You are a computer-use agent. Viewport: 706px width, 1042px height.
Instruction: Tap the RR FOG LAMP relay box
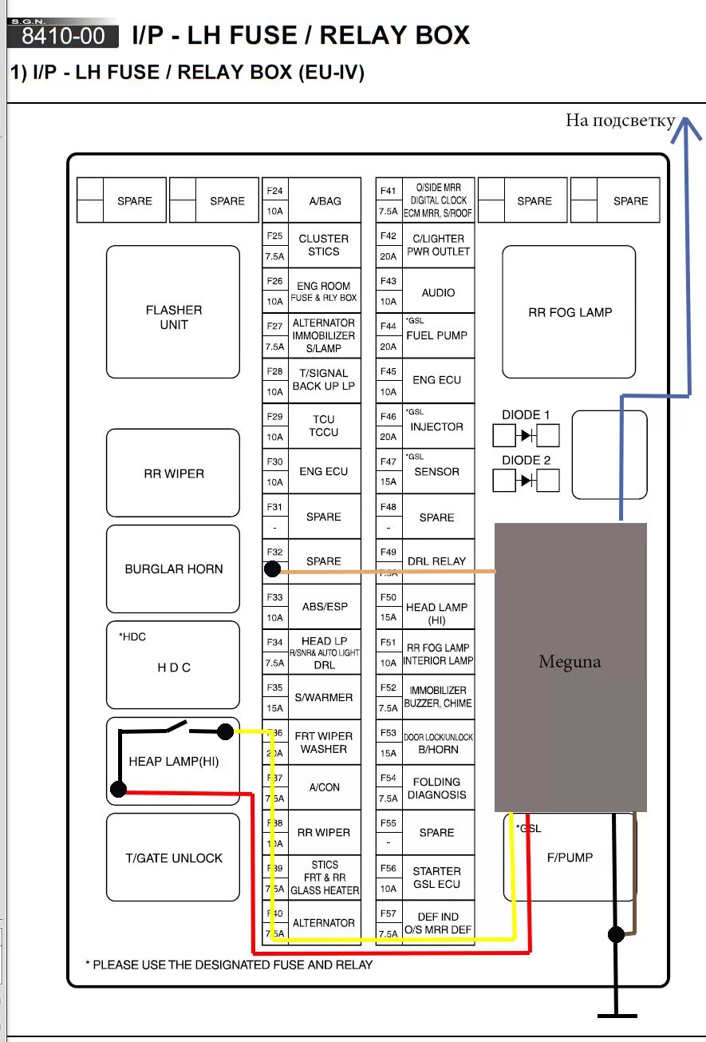569,312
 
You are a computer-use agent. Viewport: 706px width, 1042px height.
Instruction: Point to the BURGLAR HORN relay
173,569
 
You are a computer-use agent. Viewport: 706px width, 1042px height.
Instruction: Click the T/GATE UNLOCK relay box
173,858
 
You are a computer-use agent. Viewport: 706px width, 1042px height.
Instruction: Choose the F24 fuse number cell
274,191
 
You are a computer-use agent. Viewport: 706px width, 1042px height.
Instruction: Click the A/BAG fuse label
325,201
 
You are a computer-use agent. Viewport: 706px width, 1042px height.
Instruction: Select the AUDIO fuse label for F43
438,293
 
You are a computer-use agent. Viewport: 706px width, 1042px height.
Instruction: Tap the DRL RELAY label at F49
436,561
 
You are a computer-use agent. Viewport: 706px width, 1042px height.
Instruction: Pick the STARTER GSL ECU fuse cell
437,878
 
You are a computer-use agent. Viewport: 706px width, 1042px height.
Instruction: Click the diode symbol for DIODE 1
527,436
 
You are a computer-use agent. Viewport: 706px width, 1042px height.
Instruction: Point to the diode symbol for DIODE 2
527,481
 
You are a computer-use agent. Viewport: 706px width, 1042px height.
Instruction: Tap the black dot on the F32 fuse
272,569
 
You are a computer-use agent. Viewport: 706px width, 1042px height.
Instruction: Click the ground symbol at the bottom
617,1015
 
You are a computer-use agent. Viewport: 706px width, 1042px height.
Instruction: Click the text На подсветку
620,121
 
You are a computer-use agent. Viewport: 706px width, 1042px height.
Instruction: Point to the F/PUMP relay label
570,858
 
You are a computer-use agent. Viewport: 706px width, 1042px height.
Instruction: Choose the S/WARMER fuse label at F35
324,697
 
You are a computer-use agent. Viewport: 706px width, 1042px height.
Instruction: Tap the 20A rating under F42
388,257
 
